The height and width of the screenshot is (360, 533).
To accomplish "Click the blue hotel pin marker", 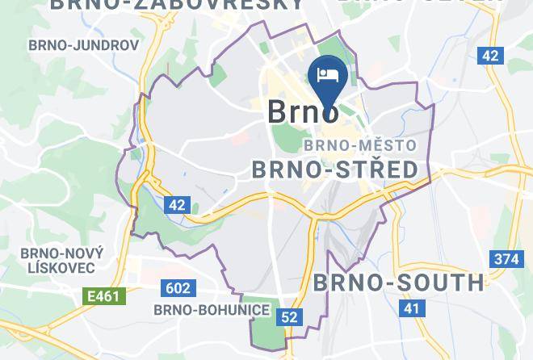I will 328,81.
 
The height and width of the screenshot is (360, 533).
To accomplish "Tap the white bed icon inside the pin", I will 328,75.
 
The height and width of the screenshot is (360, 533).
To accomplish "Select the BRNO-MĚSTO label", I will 360,145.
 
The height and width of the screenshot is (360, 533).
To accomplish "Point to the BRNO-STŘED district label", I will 335,169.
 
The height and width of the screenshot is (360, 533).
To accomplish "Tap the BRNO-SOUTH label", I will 398,283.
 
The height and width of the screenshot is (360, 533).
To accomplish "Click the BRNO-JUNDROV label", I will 83,45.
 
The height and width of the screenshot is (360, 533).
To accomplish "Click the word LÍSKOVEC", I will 61,267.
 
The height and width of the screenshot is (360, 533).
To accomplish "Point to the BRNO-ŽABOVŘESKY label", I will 178,5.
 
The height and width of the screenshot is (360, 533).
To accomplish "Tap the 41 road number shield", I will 413,308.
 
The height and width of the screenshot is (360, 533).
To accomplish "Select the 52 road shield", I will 290,317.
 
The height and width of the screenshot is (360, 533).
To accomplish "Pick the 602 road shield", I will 178,289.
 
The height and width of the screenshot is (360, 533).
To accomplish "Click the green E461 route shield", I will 104,296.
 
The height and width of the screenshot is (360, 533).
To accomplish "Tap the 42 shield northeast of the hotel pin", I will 489,55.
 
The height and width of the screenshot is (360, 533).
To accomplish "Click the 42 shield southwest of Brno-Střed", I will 177,205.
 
